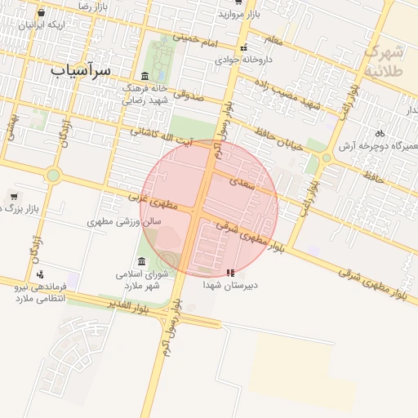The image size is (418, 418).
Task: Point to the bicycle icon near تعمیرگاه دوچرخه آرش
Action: [x=380, y=133]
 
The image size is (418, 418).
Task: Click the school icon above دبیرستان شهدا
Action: [x=230, y=273]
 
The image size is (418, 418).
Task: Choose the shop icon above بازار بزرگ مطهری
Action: [x=14, y=197]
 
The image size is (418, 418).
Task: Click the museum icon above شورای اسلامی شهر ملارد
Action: [x=142, y=261]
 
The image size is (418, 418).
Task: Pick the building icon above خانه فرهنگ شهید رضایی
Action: [x=145, y=76]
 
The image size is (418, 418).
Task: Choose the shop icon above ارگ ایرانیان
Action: [x=41, y=13]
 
